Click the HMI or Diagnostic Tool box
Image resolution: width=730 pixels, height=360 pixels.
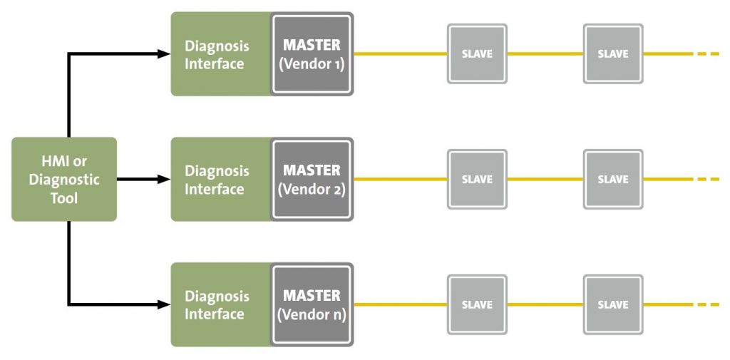(x=64, y=179)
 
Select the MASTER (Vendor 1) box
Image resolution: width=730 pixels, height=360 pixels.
(x=312, y=54)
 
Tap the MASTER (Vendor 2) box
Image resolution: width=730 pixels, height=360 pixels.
(x=312, y=179)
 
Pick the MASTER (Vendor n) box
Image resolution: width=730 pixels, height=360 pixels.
(x=312, y=304)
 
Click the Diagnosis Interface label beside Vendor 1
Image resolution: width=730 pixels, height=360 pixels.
(x=217, y=55)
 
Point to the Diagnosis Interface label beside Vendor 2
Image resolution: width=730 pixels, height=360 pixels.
(x=217, y=180)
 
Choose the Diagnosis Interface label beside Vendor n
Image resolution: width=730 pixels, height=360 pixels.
(x=217, y=305)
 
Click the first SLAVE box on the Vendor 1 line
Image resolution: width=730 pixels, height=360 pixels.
(x=477, y=54)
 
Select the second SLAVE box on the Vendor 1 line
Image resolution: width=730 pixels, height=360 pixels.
(x=612, y=54)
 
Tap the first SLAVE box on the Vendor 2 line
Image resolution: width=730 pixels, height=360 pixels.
(x=477, y=179)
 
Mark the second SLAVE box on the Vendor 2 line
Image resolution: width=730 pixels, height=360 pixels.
(x=612, y=179)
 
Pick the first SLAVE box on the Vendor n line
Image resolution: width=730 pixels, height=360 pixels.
(x=477, y=304)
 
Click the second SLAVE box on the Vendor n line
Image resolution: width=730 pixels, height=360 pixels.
(x=612, y=304)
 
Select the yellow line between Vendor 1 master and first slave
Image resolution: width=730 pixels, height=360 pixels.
(x=400, y=54)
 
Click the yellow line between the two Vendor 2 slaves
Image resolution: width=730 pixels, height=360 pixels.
(x=545, y=179)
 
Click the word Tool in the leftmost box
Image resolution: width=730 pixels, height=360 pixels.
(x=64, y=197)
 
